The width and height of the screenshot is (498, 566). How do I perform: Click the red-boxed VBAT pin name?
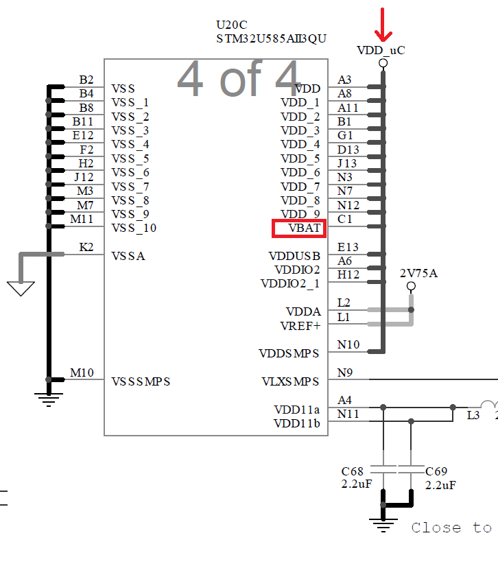298,228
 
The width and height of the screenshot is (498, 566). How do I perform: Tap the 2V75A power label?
418,274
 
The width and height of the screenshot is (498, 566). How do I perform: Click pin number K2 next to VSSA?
86,247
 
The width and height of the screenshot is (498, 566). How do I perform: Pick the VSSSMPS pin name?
141,381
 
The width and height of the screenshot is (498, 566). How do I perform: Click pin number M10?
82,373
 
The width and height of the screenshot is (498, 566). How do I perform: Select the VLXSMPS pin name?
290,381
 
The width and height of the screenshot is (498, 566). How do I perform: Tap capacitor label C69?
436,471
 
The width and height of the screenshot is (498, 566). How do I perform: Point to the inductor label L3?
473,415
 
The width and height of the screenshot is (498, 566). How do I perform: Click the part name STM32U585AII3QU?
271,38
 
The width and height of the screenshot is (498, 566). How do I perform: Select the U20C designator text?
232,25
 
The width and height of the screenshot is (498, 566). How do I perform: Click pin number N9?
344,373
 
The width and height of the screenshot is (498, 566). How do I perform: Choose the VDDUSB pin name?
294,256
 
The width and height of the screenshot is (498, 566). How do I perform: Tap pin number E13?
348,247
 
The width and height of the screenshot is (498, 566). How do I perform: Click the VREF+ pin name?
300,326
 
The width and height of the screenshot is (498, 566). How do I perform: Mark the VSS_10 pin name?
134,228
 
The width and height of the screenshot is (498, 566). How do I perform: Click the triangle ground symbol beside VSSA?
21,288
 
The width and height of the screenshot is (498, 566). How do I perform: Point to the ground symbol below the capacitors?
383,527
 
